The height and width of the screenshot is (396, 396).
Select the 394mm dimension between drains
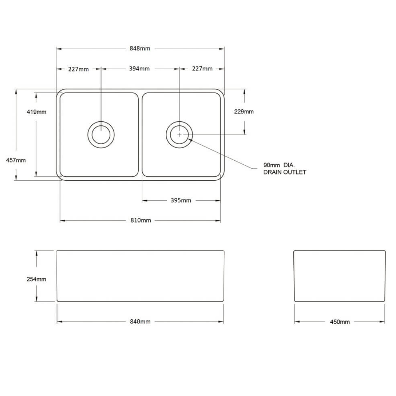pyautogui.click(x=139, y=69)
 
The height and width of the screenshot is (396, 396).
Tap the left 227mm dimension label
pyautogui.click(x=78, y=69)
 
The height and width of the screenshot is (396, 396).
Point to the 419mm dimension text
pyautogui.click(x=36, y=112)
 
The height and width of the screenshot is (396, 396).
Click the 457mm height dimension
pyautogui.click(x=16, y=160)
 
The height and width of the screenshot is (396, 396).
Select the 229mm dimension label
pyautogui.click(x=244, y=112)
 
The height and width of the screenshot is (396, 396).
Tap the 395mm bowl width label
pyautogui.click(x=181, y=200)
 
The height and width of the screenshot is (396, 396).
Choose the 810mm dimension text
pyautogui.click(x=141, y=220)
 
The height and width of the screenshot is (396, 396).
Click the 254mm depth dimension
pyautogui.click(x=36, y=279)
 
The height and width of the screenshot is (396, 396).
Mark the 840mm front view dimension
pyautogui.click(x=140, y=322)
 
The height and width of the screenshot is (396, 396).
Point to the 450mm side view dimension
pyautogui.click(x=340, y=322)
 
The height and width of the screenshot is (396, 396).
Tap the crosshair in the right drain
pyautogui.click(x=179, y=135)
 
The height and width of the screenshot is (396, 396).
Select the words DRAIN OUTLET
pyautogui.click(x=285, y=172)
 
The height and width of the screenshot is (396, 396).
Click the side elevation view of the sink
pyautogui.click(x=340, y=276)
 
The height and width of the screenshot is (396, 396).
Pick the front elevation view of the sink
pyautogui.click(x=140, y=276)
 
